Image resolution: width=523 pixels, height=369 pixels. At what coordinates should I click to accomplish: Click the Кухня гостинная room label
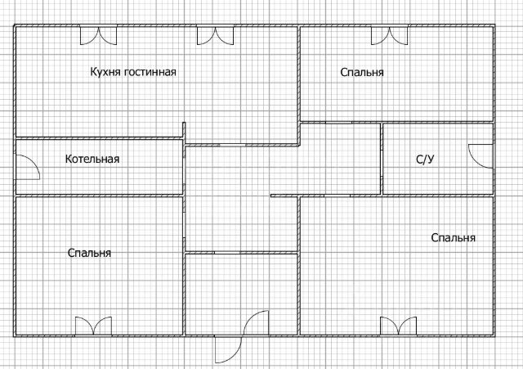pyautogui.click(x=133, y=72)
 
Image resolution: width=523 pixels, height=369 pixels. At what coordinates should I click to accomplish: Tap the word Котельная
pyautogui.click(x=92, y=159)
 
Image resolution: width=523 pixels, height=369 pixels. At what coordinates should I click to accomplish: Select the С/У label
pyautogui.click(x=425, y=159)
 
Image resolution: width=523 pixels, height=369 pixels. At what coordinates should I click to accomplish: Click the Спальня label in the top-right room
pyautogui.click(x=362, y=73)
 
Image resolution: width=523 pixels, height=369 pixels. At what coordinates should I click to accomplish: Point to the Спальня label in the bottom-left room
pyautogui.click(x=90, y=253)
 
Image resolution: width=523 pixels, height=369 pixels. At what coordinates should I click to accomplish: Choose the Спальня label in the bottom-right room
pyautogui.click(x=453, y=238)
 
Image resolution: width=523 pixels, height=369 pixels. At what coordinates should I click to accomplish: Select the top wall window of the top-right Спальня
pyautogui.click(x=389, y=35)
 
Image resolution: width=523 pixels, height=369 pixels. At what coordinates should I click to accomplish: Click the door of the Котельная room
pyautogui.click(x=26, y=167)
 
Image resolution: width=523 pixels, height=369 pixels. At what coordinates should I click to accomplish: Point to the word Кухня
pyautogui.click(x=105, y=72)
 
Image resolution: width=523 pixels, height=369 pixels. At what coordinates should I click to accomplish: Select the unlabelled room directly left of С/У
pyautogui.click(x=340, y=159)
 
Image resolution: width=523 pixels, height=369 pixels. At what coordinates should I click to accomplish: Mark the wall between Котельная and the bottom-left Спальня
pyautogui.click(x=98, y=196)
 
